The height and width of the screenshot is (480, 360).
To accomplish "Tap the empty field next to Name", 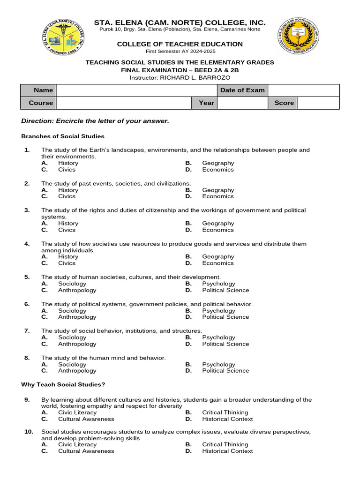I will coord(136,90).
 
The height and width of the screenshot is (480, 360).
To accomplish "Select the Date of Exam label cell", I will coord(242,90).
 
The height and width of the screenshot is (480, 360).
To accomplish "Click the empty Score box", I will coord(318,103).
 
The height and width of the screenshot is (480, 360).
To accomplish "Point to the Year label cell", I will coord(206,103).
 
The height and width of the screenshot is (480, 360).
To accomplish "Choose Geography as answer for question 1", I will coord(218,163).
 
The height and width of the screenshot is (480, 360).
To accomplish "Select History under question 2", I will coord(68,190).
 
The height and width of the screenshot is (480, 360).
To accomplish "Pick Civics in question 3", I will coord(67,230).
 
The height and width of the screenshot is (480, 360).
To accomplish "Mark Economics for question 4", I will coord(218,263).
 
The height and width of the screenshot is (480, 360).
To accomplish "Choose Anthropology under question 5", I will coord(77,290).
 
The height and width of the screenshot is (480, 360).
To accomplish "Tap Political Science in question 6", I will coord(225,317).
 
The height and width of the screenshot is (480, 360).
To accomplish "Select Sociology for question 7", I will coord(72,337).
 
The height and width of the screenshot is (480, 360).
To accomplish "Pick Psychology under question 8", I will coord(218,365).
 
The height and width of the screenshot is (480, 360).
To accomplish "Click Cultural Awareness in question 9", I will coord(86,419).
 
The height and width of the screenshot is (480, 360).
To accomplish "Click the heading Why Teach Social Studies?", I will coord(63,385).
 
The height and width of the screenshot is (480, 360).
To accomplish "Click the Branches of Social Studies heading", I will coord(63,136).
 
